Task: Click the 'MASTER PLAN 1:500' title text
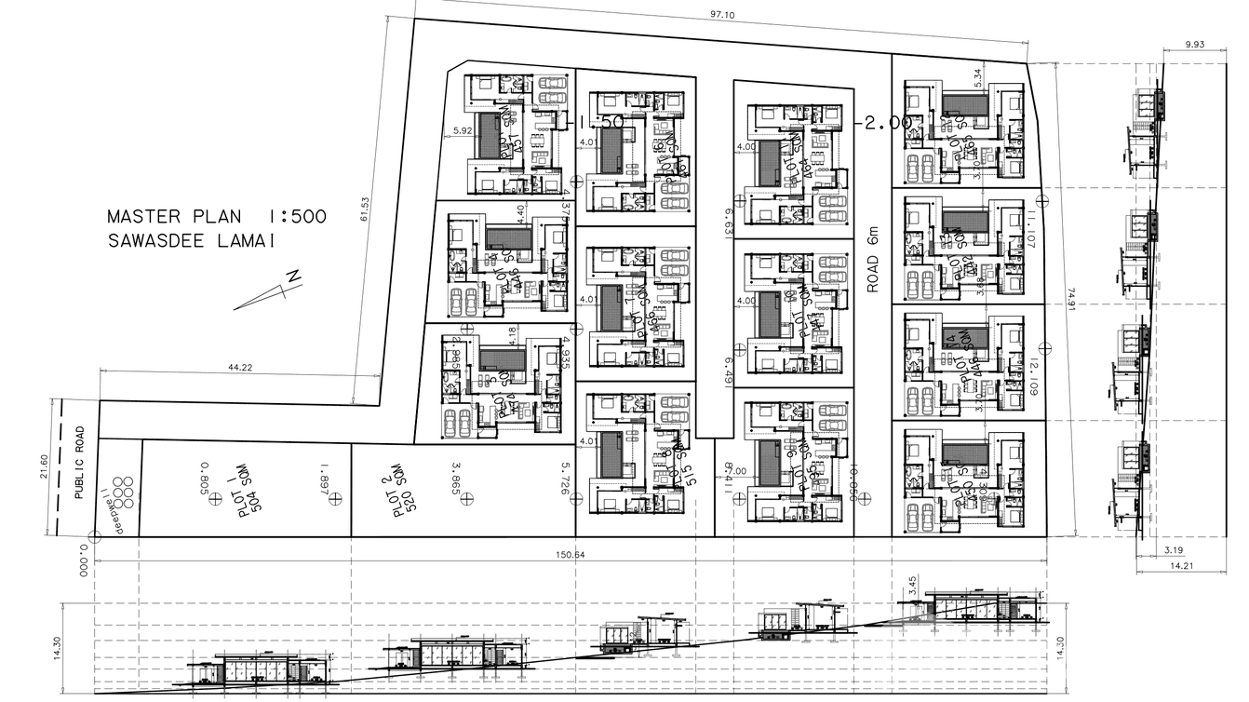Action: click(x=217, y=217)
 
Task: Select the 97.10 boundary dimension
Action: click(x=722, y=15)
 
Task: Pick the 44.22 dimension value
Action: click(x=240, y=368)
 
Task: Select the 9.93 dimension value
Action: click(x=1195, y=44)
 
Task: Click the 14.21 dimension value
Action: click(x=1181, y=565)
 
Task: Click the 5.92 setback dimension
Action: click(x=462, y=130)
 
